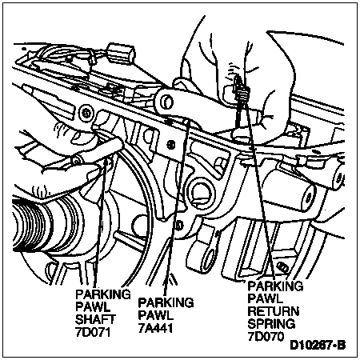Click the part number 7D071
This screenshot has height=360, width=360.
pos(93,332)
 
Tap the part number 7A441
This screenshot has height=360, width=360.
pos(155,328)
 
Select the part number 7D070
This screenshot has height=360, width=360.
pos(266,337)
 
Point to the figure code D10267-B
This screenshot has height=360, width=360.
pos(318,345)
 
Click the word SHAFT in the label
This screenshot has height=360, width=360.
pos(95,319)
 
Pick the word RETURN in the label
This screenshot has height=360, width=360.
pos(274,311)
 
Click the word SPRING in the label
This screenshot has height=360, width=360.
pos(271,324)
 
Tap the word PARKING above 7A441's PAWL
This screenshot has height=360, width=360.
pos(166,302)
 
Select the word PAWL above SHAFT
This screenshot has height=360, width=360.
pos(93,306)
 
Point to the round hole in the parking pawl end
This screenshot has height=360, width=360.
pos(167,102)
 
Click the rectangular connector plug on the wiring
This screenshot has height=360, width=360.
pos(121,53)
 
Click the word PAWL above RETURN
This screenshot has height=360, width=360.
pos(265,298)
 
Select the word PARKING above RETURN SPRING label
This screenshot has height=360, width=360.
pos(275,286)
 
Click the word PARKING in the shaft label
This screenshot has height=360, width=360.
pos(103,294)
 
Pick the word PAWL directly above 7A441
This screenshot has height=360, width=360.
pos(155,315)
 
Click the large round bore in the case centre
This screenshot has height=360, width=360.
pos(201,190)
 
